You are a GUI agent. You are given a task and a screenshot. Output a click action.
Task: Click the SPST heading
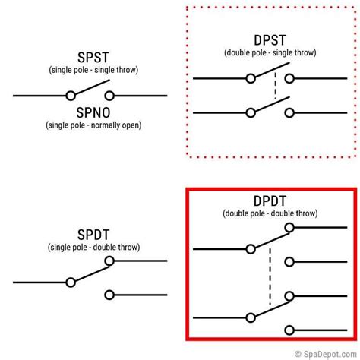93,58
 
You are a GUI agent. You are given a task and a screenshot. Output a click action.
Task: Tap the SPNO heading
93,112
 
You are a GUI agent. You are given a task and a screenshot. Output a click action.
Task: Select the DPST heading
270,40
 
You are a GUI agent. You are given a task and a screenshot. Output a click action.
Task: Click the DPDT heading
270,201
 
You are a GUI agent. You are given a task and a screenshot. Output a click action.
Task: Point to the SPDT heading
93,235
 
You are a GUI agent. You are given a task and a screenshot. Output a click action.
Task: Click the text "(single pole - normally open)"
93,125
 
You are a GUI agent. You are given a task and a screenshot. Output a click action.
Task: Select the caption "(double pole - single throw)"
270,52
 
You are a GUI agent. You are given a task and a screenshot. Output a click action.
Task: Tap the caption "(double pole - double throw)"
270,213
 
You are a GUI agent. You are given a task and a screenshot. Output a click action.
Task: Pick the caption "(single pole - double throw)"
93,247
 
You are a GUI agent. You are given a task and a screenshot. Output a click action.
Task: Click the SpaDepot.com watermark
326,354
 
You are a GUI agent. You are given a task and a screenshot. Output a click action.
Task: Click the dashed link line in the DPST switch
275,86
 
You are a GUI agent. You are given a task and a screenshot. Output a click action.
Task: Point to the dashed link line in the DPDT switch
270,276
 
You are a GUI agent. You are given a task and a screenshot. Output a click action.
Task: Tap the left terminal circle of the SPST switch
71,96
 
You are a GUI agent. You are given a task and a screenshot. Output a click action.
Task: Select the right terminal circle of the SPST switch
109,96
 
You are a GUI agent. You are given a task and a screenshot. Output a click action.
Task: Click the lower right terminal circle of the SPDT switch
109,295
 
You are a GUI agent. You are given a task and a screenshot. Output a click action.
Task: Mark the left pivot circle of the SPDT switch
71,283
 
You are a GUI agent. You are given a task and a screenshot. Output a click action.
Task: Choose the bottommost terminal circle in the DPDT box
289,330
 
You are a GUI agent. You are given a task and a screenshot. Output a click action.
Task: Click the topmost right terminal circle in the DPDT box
289,227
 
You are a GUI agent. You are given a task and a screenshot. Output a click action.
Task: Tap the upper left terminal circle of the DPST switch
251,78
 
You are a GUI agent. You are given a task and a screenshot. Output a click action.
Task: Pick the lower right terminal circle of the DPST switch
289,113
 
